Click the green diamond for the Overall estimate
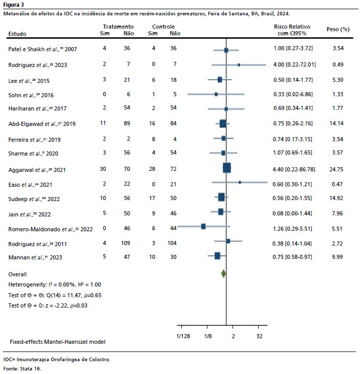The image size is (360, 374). click(x=223, y=274)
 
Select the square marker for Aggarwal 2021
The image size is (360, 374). click(x=227, y=167)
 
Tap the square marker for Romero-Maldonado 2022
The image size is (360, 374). click(x=203, y=226)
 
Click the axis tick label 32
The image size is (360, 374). click(x=259, y=336)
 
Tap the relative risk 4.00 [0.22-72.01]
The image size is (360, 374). click(x=294, y=65)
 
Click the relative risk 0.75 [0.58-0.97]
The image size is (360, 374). click(x=293, y=256)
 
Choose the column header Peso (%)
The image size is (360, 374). click(x=337, y=30)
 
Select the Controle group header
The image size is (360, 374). click(x=163, y=26)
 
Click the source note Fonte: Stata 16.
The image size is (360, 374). click(x=22, y=368)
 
